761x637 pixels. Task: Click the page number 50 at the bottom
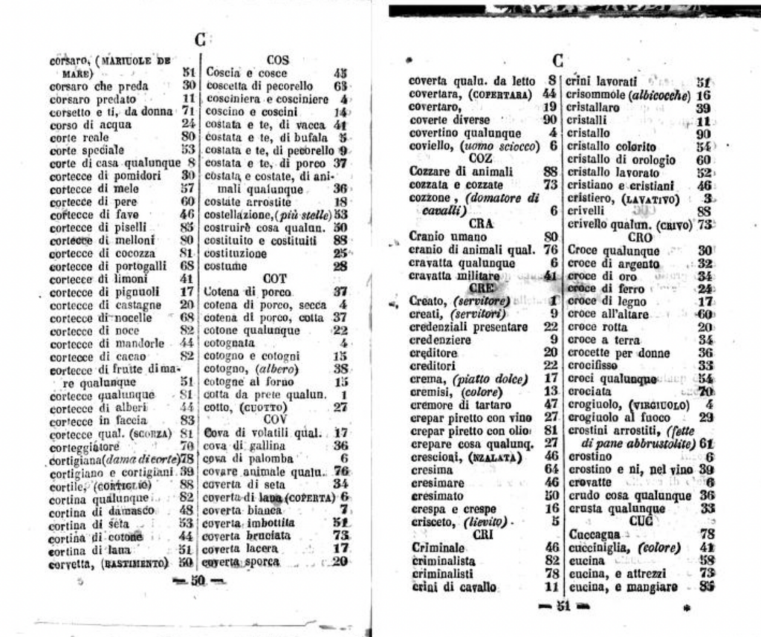click(x=197, y=580)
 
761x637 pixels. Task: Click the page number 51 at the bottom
click(x=563, y=606)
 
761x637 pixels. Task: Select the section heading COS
click(x=277, y=59)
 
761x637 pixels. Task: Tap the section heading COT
click(x=275, y=279)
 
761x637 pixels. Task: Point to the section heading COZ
click(x=481, y=158)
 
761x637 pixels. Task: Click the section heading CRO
click(x=640, y=237)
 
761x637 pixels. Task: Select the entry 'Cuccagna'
click(x=594, y=534)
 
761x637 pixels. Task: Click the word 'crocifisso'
click(x=593, y=366)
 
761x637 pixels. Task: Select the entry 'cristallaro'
click(x=593, y=108)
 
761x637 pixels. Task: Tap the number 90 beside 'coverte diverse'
click(x=550, y=120)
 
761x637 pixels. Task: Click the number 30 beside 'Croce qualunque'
click(x=705, y=250)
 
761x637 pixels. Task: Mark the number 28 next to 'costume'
click(x=340, y=265)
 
